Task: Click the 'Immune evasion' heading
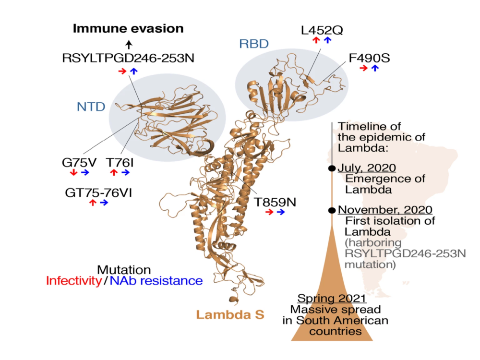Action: click(x=128, y=28)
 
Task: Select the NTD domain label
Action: click(x=91, y=106)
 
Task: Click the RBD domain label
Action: click(x=253, y=44)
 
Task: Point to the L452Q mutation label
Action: click(x=322, y=30)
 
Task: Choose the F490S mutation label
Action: click(x=369, y=59)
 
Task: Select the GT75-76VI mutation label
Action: click(x=98, y=192)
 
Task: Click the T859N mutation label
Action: click(x=275, y=201)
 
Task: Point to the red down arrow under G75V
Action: click(x=73, y=172)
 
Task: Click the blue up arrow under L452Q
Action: click(x=327, y=40)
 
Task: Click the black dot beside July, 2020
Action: click(x=332, y=168)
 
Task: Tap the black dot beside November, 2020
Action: click(x=332, y=210)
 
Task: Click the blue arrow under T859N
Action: click(x=280, y=212)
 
